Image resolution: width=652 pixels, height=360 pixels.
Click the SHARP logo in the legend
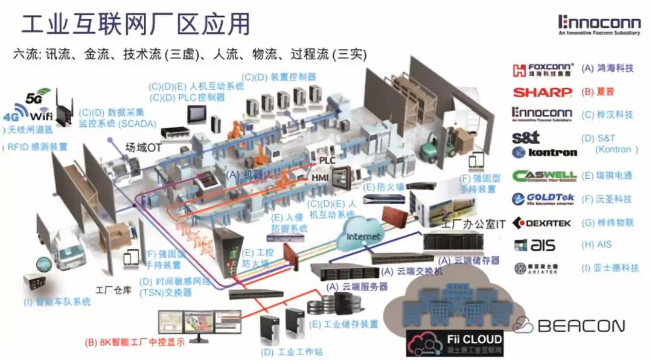(x=542, y=92)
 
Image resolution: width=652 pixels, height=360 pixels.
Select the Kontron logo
(x=544, y=152)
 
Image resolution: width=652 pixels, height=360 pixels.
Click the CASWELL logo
(x=545, y=176)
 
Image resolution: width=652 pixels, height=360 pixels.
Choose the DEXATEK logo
(x=542, y=223)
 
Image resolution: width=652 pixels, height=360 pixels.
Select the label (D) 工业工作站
(x=287, y=350)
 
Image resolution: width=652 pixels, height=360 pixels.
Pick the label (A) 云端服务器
(x=356, y=287)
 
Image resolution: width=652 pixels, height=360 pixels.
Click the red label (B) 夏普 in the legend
(x=601, y=92)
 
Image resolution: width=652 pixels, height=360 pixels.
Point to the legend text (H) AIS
(x=596, y=245)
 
